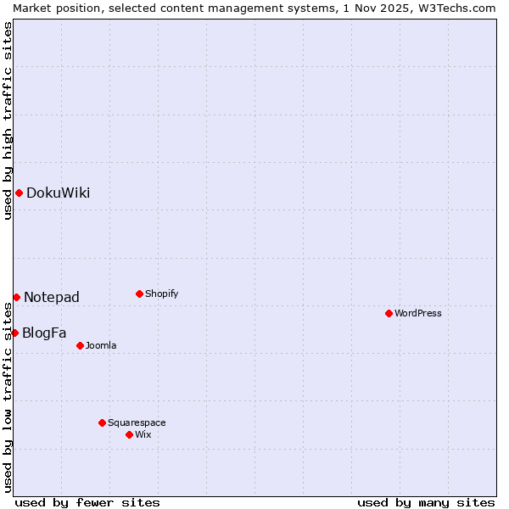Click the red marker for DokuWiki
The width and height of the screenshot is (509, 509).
point(19,193)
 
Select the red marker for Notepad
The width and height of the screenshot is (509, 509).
point(16,297)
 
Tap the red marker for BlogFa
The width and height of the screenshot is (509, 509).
point(14,333)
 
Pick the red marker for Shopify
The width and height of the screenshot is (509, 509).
point(139,294)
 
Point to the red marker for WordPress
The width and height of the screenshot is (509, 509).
point(389,313)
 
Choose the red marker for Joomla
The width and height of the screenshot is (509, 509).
point(80,345)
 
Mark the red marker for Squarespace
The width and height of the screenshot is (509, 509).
point(102,422)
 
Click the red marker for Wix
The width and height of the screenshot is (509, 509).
point(129,434)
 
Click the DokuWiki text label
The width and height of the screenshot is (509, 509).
point(58,193)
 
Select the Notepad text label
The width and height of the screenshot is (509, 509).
point(52,297)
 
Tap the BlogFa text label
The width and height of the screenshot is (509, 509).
point(44,333)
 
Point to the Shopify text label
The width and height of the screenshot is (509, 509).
point(161,294)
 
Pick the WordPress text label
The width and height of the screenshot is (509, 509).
point(418,313)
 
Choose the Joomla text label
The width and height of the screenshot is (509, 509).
point(101,345)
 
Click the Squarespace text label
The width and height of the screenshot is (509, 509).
point(137,422)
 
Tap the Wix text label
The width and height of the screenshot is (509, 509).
point(143,434)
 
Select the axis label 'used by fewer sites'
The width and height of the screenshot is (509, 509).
point(87,502)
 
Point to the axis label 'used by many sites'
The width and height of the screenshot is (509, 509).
point(426,502)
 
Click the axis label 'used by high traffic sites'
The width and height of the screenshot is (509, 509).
point(8,120)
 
